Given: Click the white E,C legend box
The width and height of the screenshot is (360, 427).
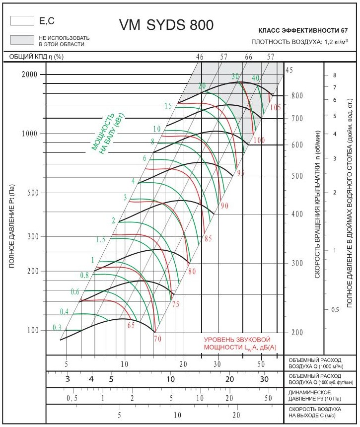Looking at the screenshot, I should click(x=21, y=21).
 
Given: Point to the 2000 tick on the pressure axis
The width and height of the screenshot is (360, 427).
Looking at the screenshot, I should click(x=30, y=74).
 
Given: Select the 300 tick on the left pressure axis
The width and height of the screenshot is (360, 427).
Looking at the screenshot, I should click(x=32, y=236).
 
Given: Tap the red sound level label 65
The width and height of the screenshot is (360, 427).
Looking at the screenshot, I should click(x=131, y=326).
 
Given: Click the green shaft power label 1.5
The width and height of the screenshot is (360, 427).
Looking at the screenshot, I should click(x=100, y=240).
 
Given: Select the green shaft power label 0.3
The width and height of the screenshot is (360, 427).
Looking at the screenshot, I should click(x=57, y=328).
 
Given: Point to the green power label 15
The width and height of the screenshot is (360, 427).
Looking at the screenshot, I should click(x=168, y=106).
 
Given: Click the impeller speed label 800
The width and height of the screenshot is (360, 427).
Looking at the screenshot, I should click(x=296, y=96).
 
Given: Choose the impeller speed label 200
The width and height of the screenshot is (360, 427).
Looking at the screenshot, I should click(x=296, y=332).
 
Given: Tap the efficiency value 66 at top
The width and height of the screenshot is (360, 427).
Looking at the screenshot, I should click(x=248, y=57).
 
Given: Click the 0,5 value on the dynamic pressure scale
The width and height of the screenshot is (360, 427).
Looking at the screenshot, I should click(x=72, y=398).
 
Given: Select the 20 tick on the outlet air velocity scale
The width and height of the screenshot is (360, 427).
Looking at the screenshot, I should click(x=236, y=415).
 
